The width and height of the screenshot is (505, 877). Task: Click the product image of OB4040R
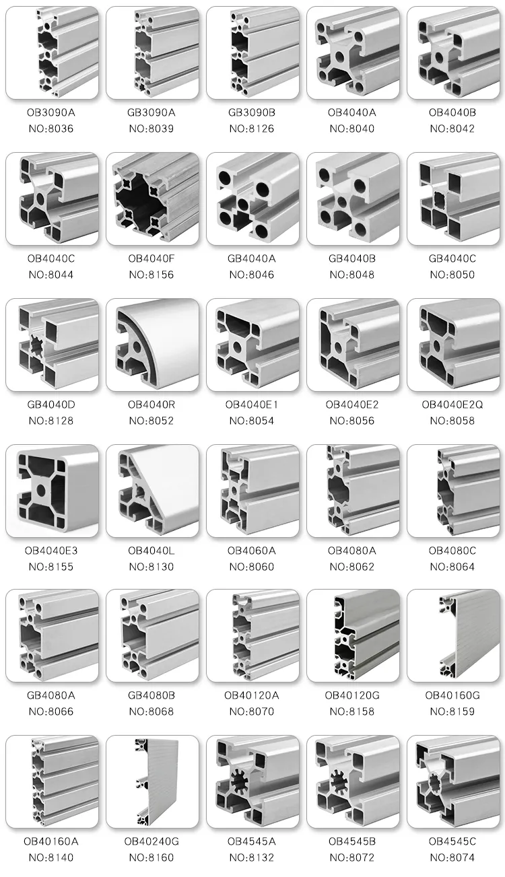tap(152, 345)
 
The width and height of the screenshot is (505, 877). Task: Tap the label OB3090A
tap(52, 112)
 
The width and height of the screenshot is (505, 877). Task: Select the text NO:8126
tap(252, 129)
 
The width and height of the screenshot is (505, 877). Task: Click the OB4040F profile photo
tap(152, 199)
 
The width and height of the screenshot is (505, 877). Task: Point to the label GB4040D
tap(52, 405)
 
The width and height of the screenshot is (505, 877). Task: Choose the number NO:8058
tap(452, 421)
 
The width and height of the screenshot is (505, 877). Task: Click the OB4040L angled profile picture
tap(152, 491)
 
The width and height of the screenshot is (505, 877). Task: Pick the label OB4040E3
tap(52, 551)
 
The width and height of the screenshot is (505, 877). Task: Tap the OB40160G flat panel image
tap(452, 636)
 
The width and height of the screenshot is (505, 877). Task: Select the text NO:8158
tap(352, 711)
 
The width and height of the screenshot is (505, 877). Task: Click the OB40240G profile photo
tap(152, 781)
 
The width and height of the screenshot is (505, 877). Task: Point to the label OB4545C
tap(452, 841)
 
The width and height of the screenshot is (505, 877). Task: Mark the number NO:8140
tap(52, 857)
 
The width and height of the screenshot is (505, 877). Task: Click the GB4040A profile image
tap(252, 199)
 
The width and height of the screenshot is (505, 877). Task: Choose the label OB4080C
tap(452, 551)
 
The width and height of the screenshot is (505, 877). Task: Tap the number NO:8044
tap(52, 275)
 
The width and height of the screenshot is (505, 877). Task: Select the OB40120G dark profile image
tap(352, 636)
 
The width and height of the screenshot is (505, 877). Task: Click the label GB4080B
tap(152, 695)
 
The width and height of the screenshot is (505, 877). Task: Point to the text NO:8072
tap(352, 857)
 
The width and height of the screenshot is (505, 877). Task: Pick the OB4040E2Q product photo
tap(452, 345)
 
